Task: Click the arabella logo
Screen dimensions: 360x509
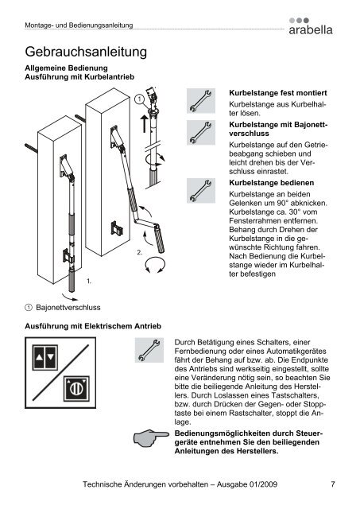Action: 311,26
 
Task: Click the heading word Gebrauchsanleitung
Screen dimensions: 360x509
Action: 86,52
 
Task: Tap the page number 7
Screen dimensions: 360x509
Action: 333,484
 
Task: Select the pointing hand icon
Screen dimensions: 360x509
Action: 152,438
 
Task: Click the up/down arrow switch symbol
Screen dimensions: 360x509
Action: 45,357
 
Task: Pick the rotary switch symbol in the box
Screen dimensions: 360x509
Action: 76,389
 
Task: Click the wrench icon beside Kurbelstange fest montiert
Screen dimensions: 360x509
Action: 201,101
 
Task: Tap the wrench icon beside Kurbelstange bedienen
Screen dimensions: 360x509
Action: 201,191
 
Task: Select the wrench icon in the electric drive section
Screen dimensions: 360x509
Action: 149,350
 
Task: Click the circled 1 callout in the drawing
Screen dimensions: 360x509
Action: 139,99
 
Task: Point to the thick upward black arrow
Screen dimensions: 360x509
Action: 145,124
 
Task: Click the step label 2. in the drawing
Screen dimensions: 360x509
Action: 139,253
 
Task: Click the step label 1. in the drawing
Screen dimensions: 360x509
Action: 89,281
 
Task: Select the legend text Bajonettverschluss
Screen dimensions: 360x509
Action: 68,308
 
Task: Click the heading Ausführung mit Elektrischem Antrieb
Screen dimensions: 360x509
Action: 93,326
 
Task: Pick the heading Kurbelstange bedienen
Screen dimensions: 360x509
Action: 272,183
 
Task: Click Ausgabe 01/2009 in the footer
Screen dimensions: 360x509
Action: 247,484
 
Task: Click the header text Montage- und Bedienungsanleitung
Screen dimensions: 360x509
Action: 79,25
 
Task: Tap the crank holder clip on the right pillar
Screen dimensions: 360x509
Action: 117,228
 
